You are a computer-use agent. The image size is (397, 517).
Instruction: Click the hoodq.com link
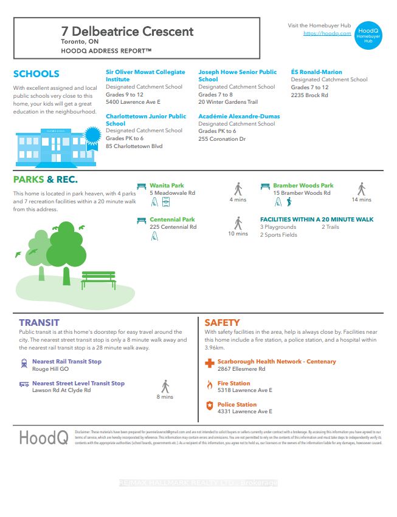327,33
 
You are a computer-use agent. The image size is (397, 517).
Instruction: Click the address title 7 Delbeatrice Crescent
127,32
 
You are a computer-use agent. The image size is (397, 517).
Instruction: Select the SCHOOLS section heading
36,74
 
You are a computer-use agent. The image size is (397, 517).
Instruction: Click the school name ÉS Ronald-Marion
316,72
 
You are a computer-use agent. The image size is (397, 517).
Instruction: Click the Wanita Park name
167,186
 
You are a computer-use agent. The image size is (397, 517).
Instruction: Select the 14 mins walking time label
361,200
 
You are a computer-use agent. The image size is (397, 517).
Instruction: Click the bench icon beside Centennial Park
142,220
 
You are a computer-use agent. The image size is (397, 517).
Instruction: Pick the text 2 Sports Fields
278,235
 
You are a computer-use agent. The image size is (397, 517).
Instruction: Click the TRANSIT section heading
39,323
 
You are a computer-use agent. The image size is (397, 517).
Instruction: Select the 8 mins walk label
164,397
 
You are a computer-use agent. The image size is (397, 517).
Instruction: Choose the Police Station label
237,404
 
